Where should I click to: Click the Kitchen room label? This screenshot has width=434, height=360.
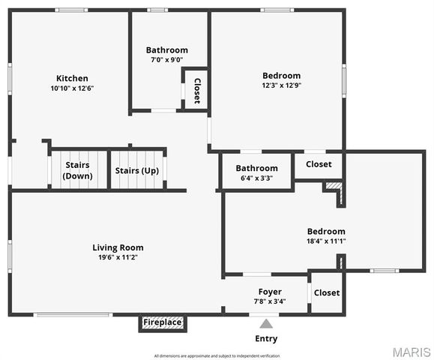tap(72, 78)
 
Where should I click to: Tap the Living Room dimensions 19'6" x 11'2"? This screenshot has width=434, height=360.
tap(118, 257)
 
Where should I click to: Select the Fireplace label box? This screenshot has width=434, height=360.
tap(163, 322)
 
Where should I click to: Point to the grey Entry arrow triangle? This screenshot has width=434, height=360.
tap(266, 324)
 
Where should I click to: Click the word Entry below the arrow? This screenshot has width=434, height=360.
tap(266, 339)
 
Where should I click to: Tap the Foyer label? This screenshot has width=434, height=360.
tap(270, 292)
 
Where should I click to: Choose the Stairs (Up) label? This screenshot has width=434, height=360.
tap(137, 170)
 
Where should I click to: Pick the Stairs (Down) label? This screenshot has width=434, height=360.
tap(77, 170)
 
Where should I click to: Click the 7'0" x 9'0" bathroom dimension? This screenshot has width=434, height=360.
tap(167, 59)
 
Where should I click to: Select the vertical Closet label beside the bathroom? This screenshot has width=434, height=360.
tap(197, 91)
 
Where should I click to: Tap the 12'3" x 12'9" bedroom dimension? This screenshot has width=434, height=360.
tap(282, 85)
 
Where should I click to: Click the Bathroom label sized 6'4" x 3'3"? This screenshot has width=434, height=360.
tap(257, 168)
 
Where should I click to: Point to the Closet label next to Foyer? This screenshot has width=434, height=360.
tap(327, 292)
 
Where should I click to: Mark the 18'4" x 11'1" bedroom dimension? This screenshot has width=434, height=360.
tap(326, 241)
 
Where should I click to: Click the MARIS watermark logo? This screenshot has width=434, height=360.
tap(412, 352)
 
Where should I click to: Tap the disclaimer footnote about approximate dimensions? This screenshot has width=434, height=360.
tap(217, 355)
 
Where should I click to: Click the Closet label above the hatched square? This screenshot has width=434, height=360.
tap(319, 164)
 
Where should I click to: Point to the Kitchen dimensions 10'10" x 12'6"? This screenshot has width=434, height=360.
tap(72, 88)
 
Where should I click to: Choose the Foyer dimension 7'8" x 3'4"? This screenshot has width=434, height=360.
tap(270, 301)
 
